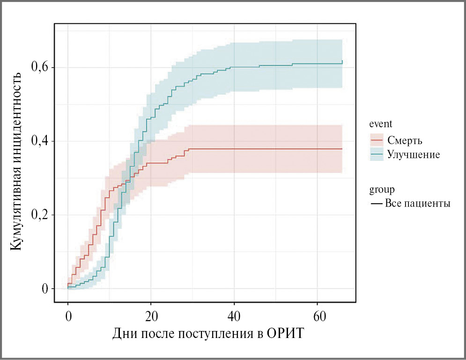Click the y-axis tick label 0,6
tap(40, 67)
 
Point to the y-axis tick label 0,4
tap(40, 141)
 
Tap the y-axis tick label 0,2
tap(40, 215)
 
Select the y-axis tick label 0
tap(45, 289)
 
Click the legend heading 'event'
tap(381, 124)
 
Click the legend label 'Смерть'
tap(406, 140)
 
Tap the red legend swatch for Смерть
tap(377, 140)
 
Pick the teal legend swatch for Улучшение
tap(377, 154)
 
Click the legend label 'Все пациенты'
tap(418, 204)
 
